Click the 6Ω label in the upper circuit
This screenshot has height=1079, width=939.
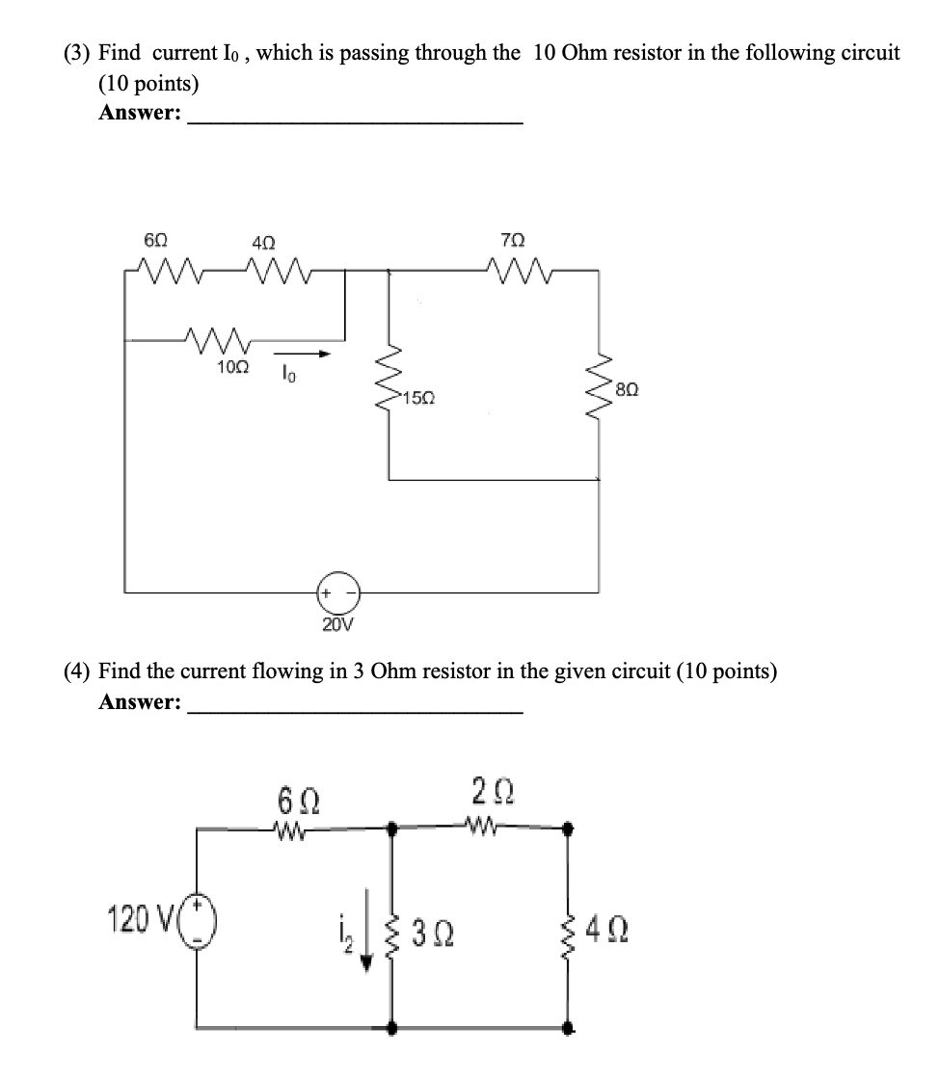153,239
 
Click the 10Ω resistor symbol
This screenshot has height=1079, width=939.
220,339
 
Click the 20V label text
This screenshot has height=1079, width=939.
337,624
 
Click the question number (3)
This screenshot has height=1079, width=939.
78,53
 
